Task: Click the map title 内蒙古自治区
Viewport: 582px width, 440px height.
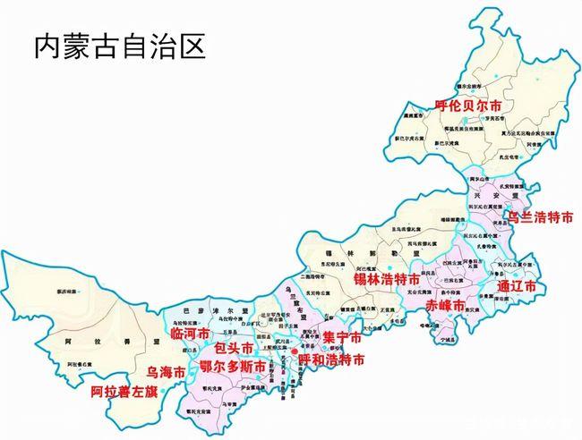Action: pyautogui.click(x=119, y=46)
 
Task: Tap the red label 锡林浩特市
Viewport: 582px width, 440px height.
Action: pyautogui.click(x=386, y=279)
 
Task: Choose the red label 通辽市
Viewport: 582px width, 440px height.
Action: pyautogui.click(x=516, y=287)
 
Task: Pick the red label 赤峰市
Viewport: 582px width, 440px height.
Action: pyautogui.click(x=445, y=306)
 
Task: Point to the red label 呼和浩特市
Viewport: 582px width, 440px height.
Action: pyautogui.click(x=331, y=360)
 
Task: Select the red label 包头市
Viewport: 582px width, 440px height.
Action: pyautogui.click(x=234, y=348)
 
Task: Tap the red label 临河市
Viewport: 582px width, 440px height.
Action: pyautogui.click(x=189, y=333)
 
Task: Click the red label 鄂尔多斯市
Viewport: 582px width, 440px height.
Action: pyautogui.click(x=232, y=367)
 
